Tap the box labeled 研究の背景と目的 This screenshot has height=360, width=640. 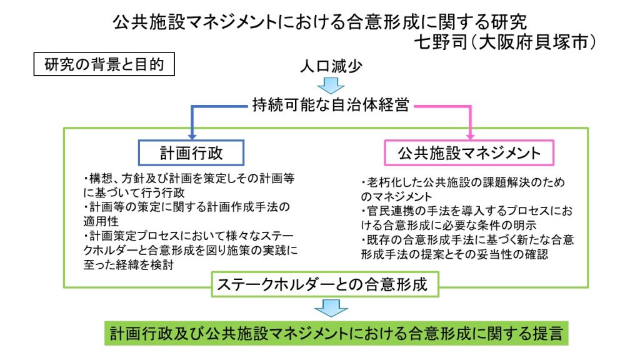click(x=99, y=65)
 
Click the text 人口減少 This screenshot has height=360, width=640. click(x=331, y=66)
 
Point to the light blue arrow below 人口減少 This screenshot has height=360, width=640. click(x=331, y=86)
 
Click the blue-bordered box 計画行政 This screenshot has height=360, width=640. click(x=191, y=152)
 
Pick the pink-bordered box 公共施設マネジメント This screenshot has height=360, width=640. click(x=469, y=152)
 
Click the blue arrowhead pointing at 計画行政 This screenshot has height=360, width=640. click(x=191, y=133)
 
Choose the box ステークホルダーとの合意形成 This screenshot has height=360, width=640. click(x=322, y=286)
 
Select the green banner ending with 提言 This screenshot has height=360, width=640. click(x=337, y=333)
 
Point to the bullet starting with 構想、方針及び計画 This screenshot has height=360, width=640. click(x=188, y=184)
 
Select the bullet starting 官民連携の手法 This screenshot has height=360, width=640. click(x=466, y=218)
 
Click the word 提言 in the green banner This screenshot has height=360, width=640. click(x=547, y=333)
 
